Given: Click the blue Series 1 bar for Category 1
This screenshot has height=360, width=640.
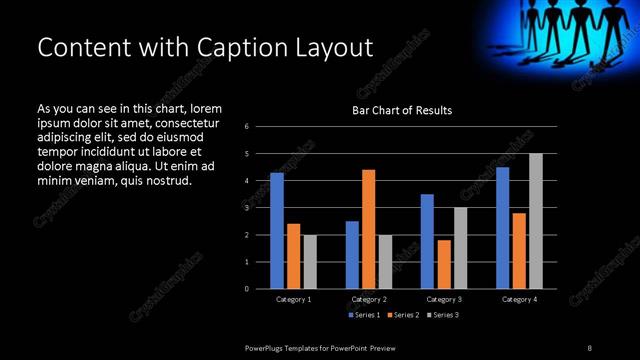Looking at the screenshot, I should point(277,231).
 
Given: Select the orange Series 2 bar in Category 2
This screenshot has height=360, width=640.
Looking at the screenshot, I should point(368,229).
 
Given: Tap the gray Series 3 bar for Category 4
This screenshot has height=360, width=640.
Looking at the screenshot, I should point(535,221).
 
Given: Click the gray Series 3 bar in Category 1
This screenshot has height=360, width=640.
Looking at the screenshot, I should point(310,262).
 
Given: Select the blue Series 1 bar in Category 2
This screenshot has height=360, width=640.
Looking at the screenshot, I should point(352,255).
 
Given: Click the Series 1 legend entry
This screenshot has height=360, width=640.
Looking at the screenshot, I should point(361,315).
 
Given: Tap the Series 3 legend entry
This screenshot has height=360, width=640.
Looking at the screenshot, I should point(443,315).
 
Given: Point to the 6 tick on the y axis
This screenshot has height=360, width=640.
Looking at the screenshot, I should point(246,127).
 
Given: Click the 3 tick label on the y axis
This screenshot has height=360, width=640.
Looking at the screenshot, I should point(246,208).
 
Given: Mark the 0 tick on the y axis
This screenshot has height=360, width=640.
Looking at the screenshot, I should point(246,289).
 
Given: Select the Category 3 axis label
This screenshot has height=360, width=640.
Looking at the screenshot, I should point(444,299).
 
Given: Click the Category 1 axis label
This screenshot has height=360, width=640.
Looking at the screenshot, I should point(294,299).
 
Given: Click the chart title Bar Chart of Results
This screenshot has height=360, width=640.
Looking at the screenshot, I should point(402,110).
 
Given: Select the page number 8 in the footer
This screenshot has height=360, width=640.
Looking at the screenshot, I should point(589,347).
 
